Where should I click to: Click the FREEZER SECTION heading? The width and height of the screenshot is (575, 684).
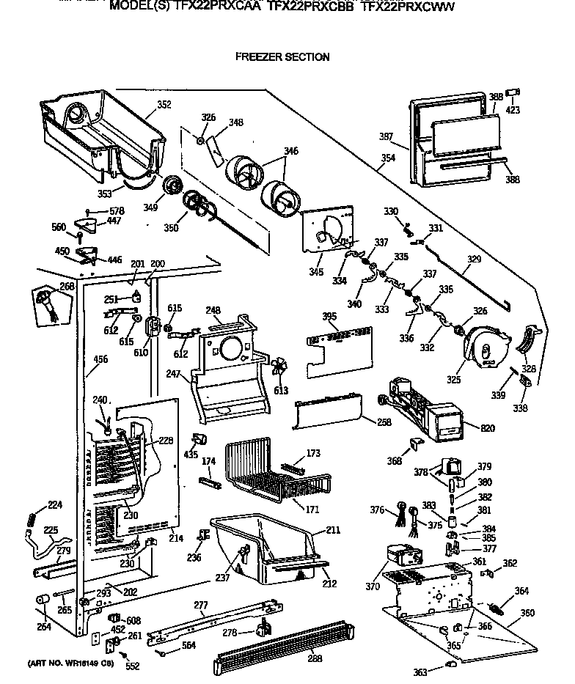[x=282, y=57]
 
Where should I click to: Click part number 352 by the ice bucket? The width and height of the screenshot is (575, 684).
[x=164, y=105]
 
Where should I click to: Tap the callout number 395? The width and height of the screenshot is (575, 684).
[x=329, y=317]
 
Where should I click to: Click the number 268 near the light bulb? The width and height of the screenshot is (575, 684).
[x=67, y=287]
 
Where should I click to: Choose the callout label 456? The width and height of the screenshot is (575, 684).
[x=100, y=359]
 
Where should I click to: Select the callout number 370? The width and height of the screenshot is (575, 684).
[x=373, y=586]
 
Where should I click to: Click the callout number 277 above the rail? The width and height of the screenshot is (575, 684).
[x=201, y=606]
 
